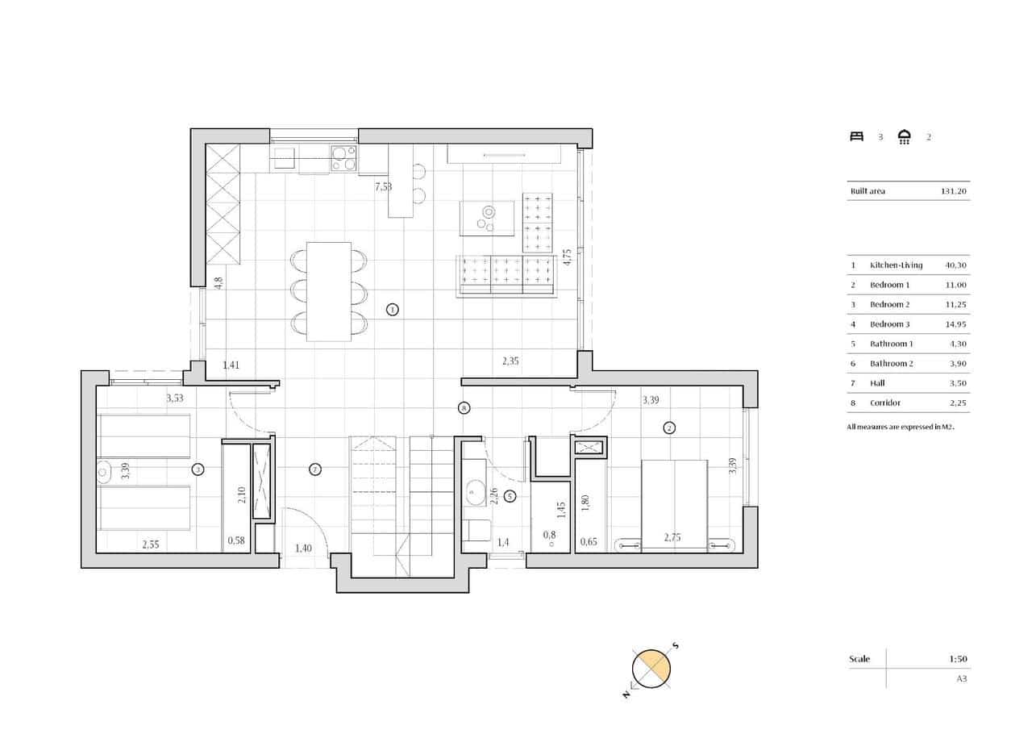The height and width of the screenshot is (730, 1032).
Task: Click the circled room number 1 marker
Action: coord(392,309)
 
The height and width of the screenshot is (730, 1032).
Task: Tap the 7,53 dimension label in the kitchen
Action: coord(384,187)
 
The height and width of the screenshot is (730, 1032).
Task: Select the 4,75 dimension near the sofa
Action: coord(567,257)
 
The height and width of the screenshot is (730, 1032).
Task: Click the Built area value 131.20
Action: coord(954,191)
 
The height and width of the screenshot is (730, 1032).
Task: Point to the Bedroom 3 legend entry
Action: coord(889,324)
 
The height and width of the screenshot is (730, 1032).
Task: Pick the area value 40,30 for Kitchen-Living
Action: coord(955,265)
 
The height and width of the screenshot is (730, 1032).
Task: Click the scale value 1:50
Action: coord(958,659)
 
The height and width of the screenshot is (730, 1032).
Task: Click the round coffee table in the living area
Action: coord(487,218)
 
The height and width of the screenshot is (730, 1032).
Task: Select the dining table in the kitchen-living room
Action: coord(329,290)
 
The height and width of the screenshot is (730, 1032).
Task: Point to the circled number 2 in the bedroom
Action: coord(669,428)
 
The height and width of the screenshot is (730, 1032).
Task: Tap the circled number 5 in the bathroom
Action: coord(510,496)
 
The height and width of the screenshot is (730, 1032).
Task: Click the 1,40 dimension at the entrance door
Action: coord(303,549)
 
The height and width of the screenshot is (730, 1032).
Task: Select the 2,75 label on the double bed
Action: coord(672,537)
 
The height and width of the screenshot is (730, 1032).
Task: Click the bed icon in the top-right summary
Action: coord(856,136)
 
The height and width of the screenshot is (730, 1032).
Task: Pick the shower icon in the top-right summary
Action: coord(905,136)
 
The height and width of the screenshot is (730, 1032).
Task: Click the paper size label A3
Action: coord(961,679)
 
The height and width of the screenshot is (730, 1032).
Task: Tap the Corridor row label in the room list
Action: coord(884,403)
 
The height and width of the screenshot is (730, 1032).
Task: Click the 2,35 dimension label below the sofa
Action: coord(510,361)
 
